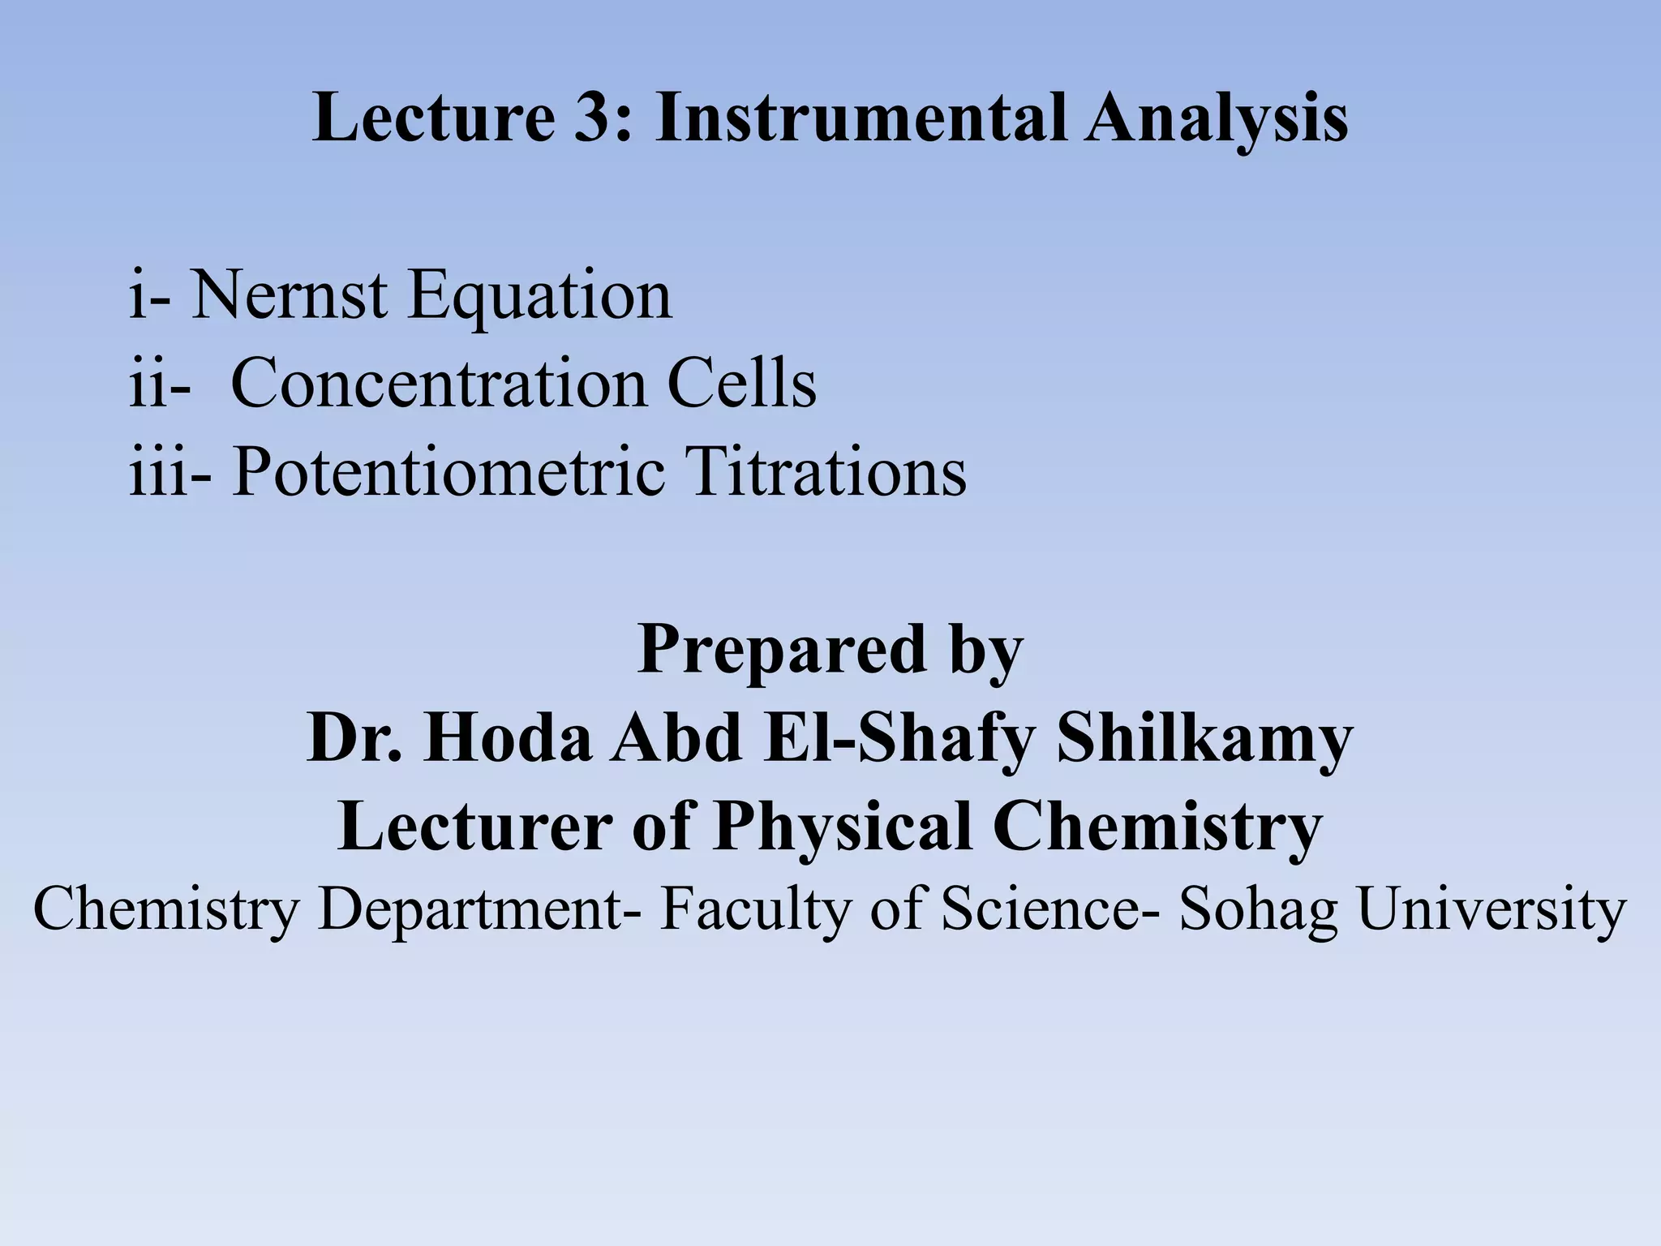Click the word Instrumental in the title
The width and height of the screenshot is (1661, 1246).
tap(859, 118)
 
